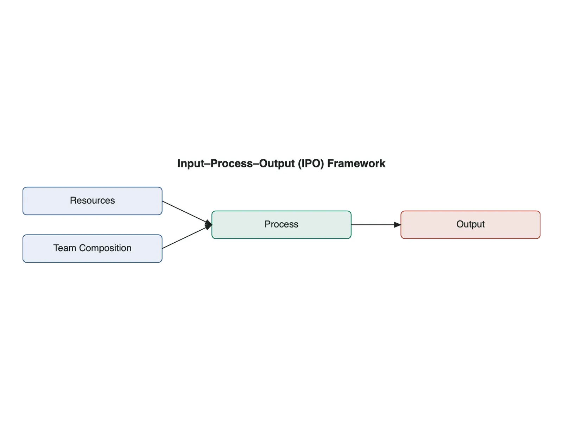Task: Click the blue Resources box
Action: point(92,201)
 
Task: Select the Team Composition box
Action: point(92,249)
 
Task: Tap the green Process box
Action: point(281,225)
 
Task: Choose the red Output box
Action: point(470,225)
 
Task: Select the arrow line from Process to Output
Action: point(376,225)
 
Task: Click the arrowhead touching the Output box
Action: point(398,225)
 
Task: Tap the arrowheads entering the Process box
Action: point(209,225)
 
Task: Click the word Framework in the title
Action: point(356,164)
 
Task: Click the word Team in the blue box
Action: point(65,248)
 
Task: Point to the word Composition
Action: point(105,248)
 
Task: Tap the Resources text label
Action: point(92,200)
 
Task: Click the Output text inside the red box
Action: point(470,224)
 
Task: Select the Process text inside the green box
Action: point(281,224)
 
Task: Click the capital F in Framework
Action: point(330,164)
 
